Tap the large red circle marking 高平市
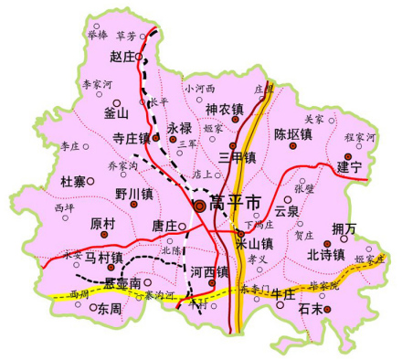199,207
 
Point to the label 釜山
117,113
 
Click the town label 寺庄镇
131,138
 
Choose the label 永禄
179,128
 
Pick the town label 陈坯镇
293,133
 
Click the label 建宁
349,167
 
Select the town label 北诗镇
326,255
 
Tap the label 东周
109,309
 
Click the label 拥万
345,228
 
